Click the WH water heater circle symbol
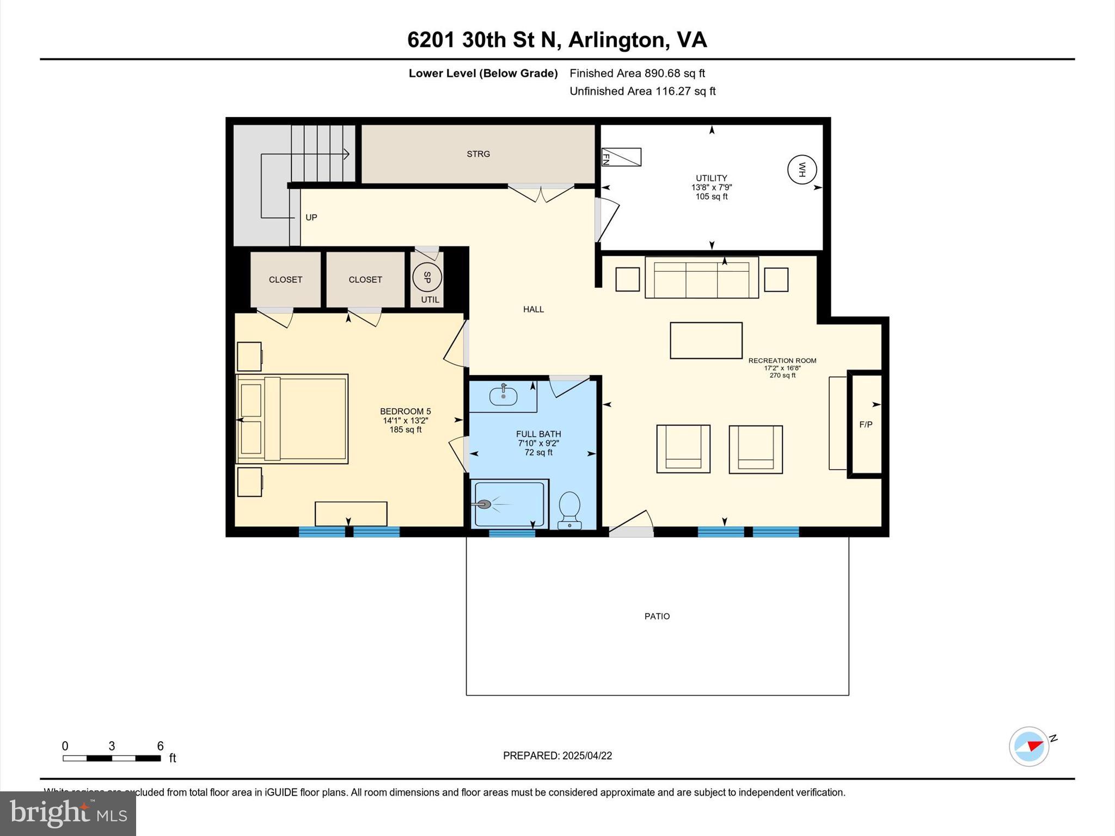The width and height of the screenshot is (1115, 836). (x=802, y=170)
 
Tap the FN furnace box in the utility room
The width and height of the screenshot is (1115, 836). (x=621, y=157)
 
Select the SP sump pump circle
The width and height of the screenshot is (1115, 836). (x=427, y=278)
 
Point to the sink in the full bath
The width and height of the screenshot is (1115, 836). (x=503, y=395)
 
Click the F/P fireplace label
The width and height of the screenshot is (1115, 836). (x=866, y=425)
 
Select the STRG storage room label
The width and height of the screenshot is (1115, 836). (x=478, y=154)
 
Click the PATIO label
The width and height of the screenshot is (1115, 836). (x=657, y=616)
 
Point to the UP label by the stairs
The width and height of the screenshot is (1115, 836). (x=311, y=217)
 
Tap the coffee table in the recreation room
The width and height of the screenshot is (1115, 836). (x=706, y=340)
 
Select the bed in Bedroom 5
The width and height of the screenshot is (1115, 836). (x=292, y=419)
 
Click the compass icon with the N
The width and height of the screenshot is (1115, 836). (x=1029, y=746)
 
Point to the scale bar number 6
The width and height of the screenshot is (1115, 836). (x=160, y=746)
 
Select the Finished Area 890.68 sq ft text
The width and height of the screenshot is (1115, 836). (x=637, y=73)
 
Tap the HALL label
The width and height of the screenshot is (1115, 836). (x=534, y=309)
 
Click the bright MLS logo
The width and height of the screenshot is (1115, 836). (x=68, y=813)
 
